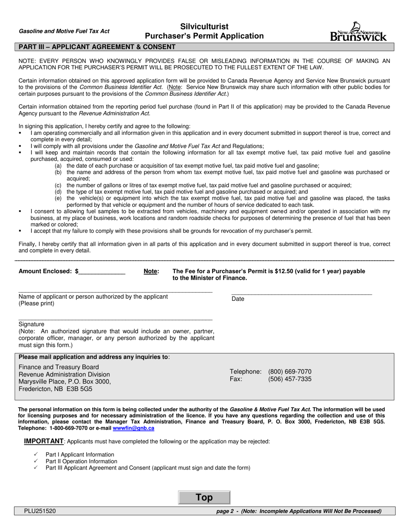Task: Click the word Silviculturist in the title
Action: click(x=204, y=27)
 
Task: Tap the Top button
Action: click(x=204, y=498)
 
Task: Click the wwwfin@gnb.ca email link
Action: click(x=133, y=428)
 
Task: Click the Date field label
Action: click(x=238, y=299)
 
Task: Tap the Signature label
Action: click(x=31, y=324)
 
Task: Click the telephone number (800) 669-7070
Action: click(x=289, y=371)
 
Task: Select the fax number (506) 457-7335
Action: click(x=289, y=379)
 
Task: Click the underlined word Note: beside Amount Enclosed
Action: click(x=151, y=271)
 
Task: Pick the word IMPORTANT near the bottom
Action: click(x=43, y=441)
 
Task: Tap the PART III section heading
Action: click(x=95, y=47)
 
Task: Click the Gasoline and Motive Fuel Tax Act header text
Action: click(x=64, y=31)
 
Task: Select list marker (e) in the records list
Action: click(x=58, y=198)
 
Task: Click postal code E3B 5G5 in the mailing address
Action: click(x=79, y=389)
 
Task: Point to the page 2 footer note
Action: click(x=299, y=511)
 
